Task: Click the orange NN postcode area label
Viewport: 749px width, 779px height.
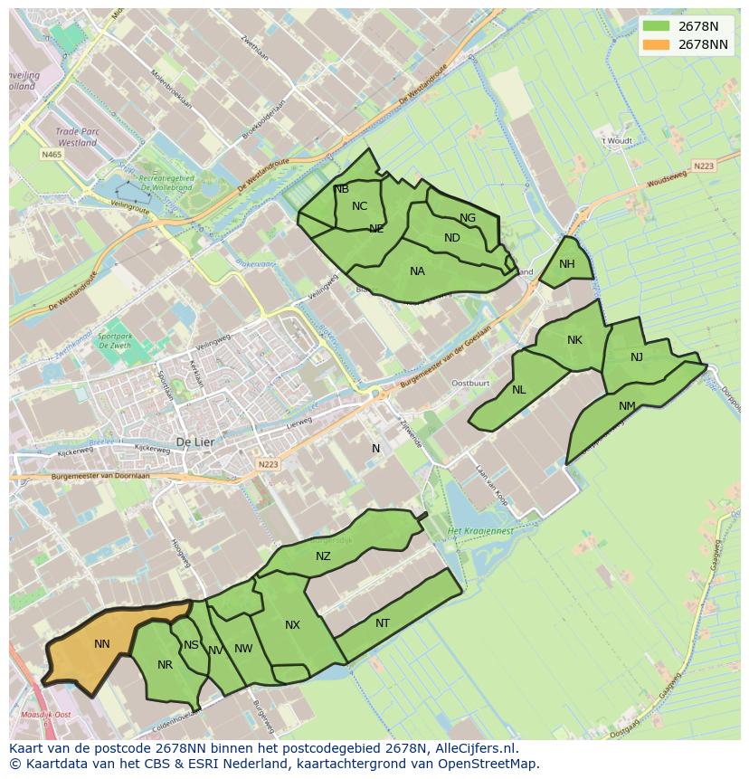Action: click(x=102, y=644)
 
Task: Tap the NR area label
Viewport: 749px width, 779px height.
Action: click(x=165, y=665)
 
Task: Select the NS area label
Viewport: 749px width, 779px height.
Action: click(x=191, y=645)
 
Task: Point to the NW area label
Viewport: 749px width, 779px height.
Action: click(x=243, y=649)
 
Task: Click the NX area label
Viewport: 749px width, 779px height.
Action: click(x=292, y=625)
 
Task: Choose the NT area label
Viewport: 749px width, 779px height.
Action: click(x=383, y=623)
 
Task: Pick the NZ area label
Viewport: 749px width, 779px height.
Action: click(x=323, y=556)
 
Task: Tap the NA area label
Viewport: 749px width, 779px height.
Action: click(x=417, y=271)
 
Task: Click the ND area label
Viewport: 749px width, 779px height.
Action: click(x=452, y=238)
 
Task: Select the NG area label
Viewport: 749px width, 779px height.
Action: click(x=468, y=218)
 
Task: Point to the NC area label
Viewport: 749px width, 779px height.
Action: click(x=359, y=206)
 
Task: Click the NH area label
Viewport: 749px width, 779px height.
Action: click(x=567, y=264)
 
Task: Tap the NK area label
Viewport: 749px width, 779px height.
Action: click(x=574, y=340)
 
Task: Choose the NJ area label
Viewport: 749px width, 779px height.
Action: click(x=637, y=357)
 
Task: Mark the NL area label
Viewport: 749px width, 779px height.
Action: click(x=518, y=390)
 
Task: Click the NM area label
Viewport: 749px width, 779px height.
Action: click(x=627, y=406)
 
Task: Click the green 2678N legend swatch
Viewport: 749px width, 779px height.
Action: click(x=657, y=26)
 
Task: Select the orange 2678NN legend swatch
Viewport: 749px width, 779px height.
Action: click(x=657, y=44)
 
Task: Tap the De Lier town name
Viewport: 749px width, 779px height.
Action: click(x=194, y=442)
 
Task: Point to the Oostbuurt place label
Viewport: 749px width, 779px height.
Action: click(x=469, y=383)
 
